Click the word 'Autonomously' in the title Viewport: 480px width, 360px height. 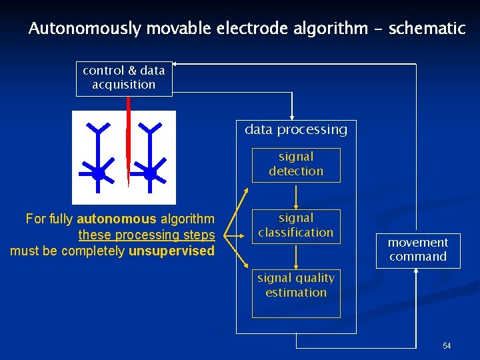pyautogui.click(x=85, y=29)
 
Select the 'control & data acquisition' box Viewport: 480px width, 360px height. pyautogui.click(x=124, y=78)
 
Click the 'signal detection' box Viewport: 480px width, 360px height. pyautogui.click(x=296, y=165)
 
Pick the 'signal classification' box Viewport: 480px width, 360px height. pyautogui.click(x=296, y=226)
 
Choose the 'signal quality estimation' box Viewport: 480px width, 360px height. pyautogui.click(x=296, y=293)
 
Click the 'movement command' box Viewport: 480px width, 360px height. pyautogui.click(x=418, y=250)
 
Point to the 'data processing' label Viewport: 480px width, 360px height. pyautogui.click(x=296, y=130)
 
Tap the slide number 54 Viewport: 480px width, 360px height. pyautogui.click(x=447, y=346)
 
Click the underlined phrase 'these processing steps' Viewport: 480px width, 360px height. pyautogui.click(x=147, y=235)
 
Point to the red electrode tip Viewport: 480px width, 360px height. pyautogui.click(x=129, y=181)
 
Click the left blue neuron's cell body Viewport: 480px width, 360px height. pyautogui.click(x=98, y=173)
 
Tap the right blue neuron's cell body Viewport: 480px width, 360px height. pyautogui.click(x=151, y=173)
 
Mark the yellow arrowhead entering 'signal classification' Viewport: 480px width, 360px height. pyautogui.click(x=296, y=206)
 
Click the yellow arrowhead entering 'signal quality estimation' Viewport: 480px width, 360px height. pyautogui.click(x=296, y=266)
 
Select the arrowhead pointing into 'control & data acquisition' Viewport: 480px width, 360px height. pyautogui.click(x=176, y=64)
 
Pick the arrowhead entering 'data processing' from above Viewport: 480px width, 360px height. pyautogui.click(x=292, y=117)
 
